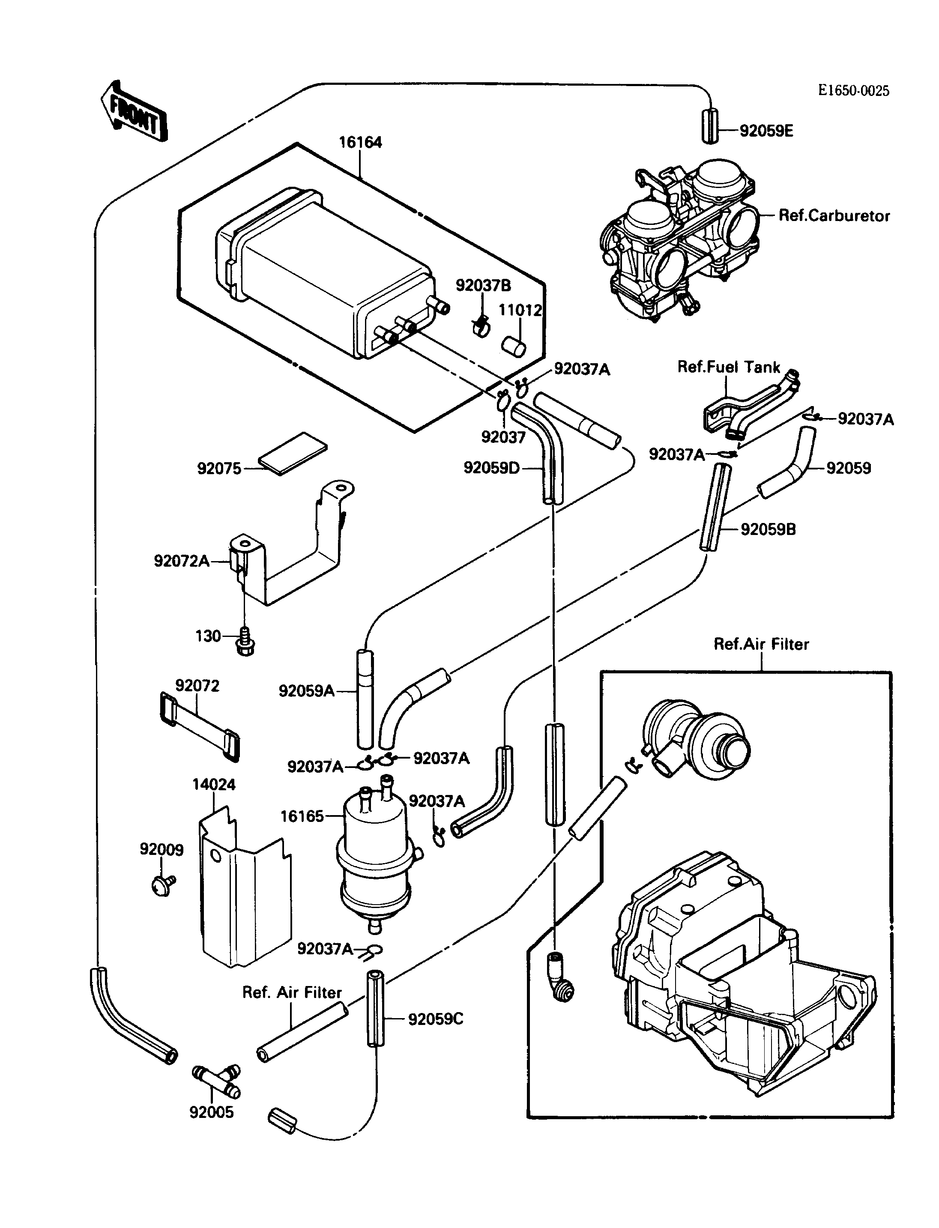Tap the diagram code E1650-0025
tap(853, 90)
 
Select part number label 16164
tap(361, 143)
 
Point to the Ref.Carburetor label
tap(834, 216)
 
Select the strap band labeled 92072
tap(200, 726)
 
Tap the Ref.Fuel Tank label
tap(728, 367)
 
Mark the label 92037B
tap(483, 286)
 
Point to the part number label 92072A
tap(182, 561)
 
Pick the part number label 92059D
tap(491, 467)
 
